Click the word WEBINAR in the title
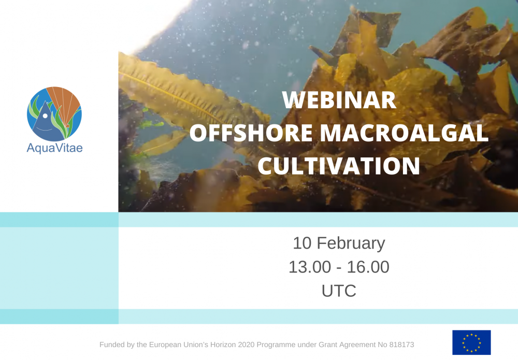coord(339,100)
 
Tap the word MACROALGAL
coord(404,133)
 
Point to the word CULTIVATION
coord(339,166)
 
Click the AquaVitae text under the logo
coord(54,148)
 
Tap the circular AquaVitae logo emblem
coord(54,114)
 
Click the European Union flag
coord(471,342)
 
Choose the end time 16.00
coord(369,267)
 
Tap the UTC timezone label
coord(339,291)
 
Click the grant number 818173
coord(401,344)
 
